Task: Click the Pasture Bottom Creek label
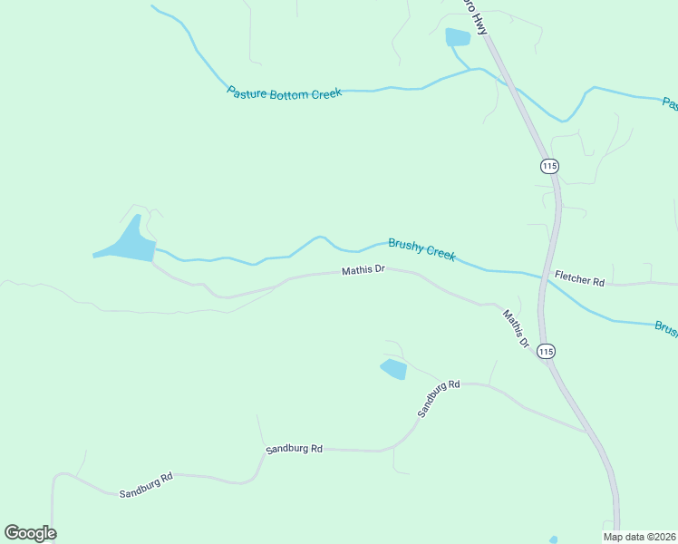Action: point(284,92)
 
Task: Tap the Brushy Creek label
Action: point(421,249)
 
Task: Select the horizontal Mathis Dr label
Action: point(363,270)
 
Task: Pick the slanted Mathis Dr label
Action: point(516,329)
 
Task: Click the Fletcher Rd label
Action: point(579,281)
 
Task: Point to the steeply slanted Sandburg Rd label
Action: point(439,398)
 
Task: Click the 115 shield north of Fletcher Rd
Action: point(549,166)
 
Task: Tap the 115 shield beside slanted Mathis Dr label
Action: point(546,351)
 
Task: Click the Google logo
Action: point(30,533)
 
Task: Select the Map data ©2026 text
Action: point(640,537)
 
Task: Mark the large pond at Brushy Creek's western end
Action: point(127,244)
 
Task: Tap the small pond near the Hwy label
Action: point(458,37)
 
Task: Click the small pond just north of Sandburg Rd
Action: point(393,369)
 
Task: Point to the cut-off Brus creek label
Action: point(665,328)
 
